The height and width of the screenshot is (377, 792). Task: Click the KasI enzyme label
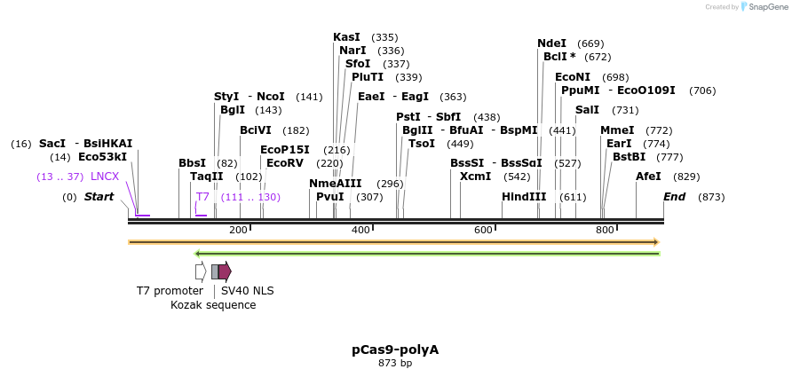(x=346, y=37)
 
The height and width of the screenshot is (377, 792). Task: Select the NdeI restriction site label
(x=551, y=43)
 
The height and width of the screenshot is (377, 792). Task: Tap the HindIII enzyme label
(x=524, y=197)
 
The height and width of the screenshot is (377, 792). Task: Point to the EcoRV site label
(x=285, y=163)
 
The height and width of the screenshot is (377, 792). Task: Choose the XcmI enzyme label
(x=475, y=176)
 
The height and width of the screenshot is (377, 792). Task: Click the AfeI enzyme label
(x=648, y=177)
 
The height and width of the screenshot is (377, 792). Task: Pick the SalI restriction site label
(x=587, y=110)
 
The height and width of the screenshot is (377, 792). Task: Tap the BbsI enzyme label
(x=192, y=163)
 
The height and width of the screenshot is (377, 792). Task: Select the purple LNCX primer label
(x=105, y=177)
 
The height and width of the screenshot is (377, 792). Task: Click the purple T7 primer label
(x=202, y=197)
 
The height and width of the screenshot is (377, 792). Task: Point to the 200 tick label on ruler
(x=238, y=231)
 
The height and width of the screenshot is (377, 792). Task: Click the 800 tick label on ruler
(x=605, y=231)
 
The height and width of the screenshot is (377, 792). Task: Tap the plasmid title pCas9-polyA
(x=395, y=350)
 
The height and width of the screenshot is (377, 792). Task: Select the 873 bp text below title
(x=395, y=363)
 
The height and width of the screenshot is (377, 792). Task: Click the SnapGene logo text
(x=768, y=7)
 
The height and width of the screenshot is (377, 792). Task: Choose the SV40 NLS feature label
(x=247, y=290)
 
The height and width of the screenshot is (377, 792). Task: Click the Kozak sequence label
(x=213, y=305)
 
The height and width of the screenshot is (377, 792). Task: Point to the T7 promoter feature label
(x=170, y=290)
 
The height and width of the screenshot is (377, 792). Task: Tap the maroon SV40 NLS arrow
(x=225, y=271)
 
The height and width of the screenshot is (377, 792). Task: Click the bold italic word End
(x=674, y=197)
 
